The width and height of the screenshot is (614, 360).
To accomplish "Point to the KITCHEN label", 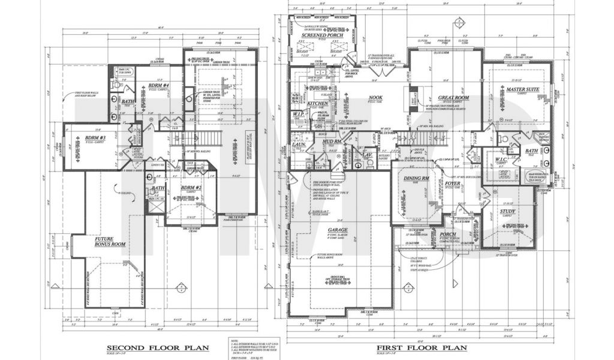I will point(318,103).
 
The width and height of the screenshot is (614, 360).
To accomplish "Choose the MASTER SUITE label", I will point(520,89).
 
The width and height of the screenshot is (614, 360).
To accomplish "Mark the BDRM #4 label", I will point(159,86).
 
